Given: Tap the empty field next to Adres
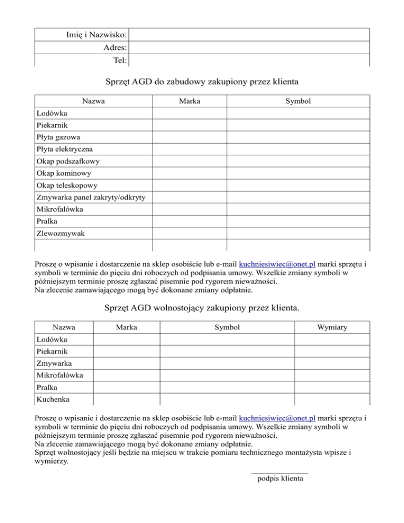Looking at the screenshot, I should [249, 47].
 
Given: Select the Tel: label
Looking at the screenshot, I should [119, 60].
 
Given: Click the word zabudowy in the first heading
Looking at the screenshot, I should [191, 82].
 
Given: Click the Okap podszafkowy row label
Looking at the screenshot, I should [68, 161].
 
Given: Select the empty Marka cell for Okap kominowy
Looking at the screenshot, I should [189, 173].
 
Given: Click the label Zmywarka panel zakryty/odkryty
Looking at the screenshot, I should [92, 197].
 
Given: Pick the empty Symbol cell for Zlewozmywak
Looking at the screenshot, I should [298, 233].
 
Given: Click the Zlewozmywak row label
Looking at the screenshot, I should [60, 233].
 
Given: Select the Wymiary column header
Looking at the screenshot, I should [332, 327].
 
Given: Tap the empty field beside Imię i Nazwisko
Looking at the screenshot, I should [249, 35].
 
